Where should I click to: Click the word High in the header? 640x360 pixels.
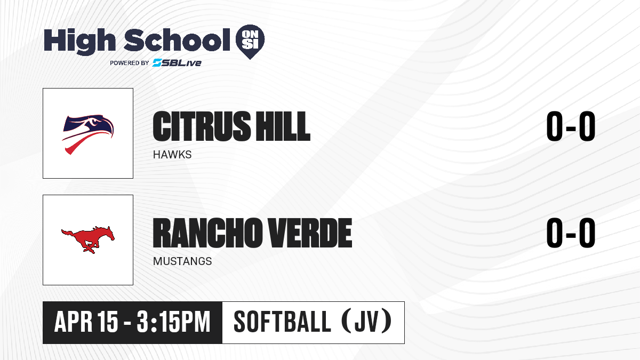point(79,41)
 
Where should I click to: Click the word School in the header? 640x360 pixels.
point(177,39)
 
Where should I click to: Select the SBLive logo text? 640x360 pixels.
point(177,62)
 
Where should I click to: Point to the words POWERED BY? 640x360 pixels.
point(130,63)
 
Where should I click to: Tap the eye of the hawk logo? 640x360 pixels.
point(93,122)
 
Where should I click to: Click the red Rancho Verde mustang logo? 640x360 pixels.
point(88,239)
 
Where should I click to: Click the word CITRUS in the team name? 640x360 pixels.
point(202,126)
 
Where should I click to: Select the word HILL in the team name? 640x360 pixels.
point(283,126)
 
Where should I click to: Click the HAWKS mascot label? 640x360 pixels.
point(172,155)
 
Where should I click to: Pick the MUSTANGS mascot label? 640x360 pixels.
point(182,261)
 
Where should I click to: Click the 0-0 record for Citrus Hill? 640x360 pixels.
point(571,126)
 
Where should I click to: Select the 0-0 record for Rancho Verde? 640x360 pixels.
point(571,233)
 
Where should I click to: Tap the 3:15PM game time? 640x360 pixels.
point(173,322)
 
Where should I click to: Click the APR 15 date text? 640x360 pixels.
point(86,322)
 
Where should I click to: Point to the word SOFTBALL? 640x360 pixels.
point(282,322)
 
